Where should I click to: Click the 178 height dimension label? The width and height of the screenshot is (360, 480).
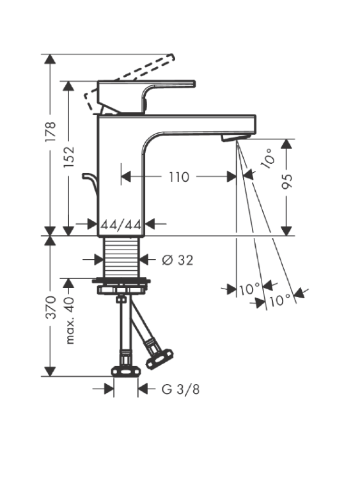coord(51,131)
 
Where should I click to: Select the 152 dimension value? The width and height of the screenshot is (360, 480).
coord(69,156)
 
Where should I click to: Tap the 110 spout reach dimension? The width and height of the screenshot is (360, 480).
coord(179,177)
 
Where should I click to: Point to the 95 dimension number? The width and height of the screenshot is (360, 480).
coord(287,182)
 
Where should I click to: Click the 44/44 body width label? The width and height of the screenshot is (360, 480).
coord(121,225)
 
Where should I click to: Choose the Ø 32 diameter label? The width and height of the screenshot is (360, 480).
coord(177,260)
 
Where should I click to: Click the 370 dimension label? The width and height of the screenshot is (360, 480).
coord(51,307)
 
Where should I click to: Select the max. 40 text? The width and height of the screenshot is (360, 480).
coord(70,320)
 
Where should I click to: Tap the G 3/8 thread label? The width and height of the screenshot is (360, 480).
coord(180,389)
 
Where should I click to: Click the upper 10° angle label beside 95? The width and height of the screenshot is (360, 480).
coord(268,158)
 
